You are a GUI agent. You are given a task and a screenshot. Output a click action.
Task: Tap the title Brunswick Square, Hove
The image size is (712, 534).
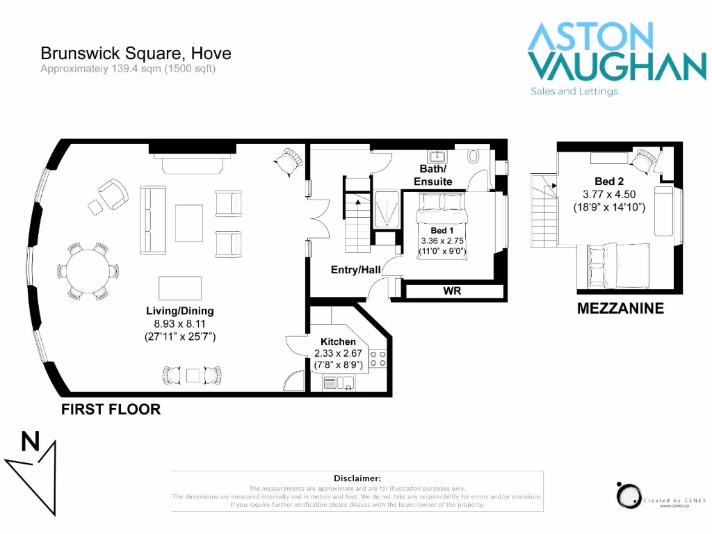tap(136, 53)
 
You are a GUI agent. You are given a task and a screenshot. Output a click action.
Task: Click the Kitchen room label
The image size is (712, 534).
tap(338, 341)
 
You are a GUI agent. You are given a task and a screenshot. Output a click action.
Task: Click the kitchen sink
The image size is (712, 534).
tap(339, 382)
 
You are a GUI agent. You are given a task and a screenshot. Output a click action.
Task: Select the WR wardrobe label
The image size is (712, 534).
tap(453, 290)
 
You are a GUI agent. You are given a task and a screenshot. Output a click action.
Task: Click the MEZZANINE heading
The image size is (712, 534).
tap(620, 309)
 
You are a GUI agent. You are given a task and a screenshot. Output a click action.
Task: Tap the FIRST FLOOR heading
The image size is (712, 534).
tap(111, 410)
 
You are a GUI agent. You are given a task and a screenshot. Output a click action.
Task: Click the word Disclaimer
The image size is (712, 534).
tap(357, 478)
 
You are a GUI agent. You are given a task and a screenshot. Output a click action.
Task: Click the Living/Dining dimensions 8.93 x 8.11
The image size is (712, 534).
tap(179, 323)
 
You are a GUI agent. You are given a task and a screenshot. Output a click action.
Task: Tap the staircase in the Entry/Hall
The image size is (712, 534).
tap(357, 216)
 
